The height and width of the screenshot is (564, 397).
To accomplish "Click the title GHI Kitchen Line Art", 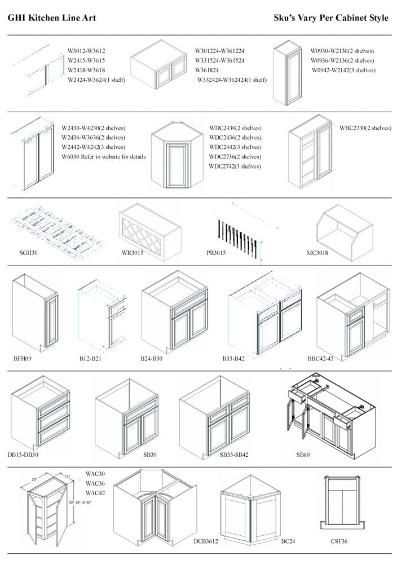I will pos(51,18).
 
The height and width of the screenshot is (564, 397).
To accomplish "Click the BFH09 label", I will pos(23,358).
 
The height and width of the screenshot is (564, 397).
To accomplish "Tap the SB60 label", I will pos(303,454).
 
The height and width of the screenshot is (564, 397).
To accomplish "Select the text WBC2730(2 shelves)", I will pos(365,128).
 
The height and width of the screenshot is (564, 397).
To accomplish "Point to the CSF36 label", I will pos(339,541).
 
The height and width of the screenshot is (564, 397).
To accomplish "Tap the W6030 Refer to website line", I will pos(103,157).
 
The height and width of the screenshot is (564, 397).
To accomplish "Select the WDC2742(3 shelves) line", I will pos(235,166).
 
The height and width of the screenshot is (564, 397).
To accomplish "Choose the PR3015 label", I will pos(216,253).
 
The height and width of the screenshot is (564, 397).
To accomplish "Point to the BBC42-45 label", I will pos(320,358).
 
